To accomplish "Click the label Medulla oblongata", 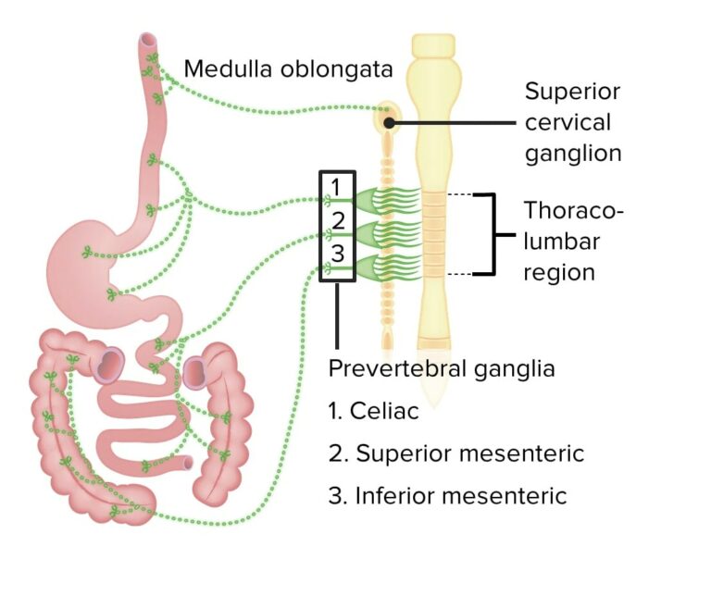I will click(288, 69).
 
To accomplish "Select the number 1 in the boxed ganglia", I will click(336, 187).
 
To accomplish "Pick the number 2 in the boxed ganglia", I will click(338, 221).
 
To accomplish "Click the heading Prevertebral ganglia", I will click(442, 368).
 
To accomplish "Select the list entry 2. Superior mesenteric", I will click(455, 453).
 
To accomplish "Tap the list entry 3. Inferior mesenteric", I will click(447, 496).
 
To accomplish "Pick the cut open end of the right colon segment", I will click(196, 371).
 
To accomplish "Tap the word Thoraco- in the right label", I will click(573, 210).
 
